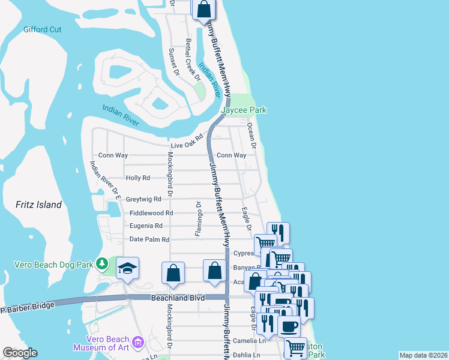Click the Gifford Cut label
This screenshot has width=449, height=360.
coord(43,29)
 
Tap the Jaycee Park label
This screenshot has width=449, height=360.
coord(244,110)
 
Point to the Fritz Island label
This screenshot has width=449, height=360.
coord(38,205)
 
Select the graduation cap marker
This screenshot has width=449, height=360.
coord(127,268)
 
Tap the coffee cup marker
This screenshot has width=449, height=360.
coord(289,327)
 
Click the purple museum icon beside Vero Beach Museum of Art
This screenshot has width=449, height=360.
coord(138,342)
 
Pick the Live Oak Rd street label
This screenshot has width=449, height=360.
coord(187,145)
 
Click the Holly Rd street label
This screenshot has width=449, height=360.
coord(137,178)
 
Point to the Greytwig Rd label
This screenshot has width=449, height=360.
coord(143,199)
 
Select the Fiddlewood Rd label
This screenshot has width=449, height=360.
coord(151,213)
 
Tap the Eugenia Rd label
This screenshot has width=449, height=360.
coord(146,226)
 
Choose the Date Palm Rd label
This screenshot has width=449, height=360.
coord(149,239)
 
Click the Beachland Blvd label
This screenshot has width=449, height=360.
coord(178,298)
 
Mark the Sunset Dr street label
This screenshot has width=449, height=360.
coord(174,61)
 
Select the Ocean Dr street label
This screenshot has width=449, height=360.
coord(253,137)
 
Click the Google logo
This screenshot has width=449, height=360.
coord(20,353)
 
